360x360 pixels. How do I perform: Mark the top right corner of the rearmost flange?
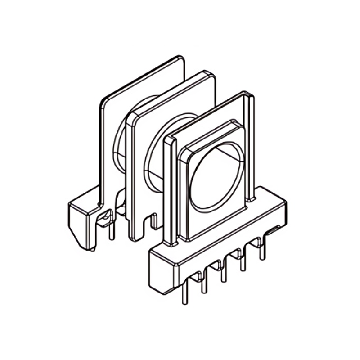181,58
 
